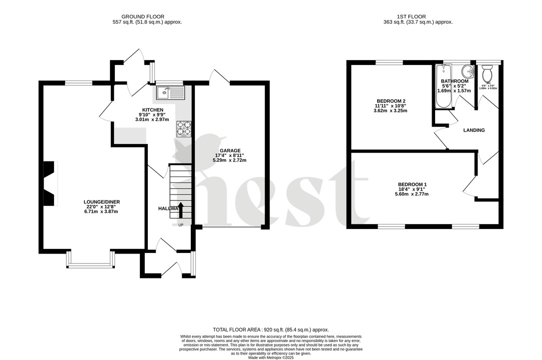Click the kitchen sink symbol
click(170, 92)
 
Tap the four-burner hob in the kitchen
click(184, 128)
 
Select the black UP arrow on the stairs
click(181, 210)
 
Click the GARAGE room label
click(230, 150)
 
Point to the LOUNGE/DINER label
click(102, 202)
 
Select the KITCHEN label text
click(152, 109)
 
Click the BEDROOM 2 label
click(390, 101)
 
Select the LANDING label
click(474, 130)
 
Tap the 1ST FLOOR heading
click(417, 16)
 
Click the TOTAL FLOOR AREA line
click(271, 329)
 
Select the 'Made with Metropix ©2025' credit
click(271, 357)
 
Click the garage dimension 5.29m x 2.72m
click(230, 160)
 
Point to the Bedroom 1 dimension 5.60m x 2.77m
click(412, 194)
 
